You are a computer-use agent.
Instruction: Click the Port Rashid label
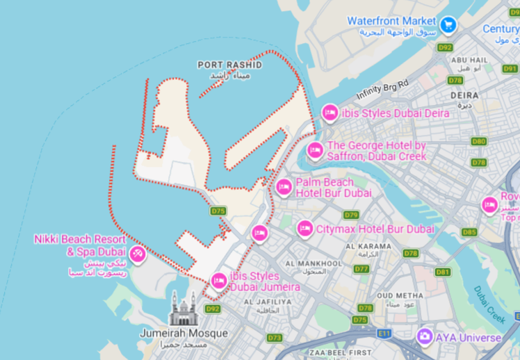tap(229, 65)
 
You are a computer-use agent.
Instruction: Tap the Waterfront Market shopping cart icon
tap(448, 22)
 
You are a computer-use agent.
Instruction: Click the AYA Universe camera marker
tap(425, 337)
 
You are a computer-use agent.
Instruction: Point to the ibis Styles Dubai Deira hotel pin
tap(330, 112)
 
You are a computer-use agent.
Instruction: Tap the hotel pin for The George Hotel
tap(315, 150)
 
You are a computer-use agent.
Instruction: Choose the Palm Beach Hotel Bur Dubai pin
tap(284, 187)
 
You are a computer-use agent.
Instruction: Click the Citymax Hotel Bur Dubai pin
tap(304, 228)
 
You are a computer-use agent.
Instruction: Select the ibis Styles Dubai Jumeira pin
tap(218, 280)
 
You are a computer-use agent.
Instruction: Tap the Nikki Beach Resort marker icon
tap(138, 254)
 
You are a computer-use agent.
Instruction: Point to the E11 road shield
tap(384, 334)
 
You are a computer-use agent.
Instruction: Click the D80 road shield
tap(478, 141)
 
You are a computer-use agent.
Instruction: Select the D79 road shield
tap(351, 215)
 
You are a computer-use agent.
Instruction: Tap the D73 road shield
tap(275, 337)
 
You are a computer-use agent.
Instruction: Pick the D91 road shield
tap(510, 69)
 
